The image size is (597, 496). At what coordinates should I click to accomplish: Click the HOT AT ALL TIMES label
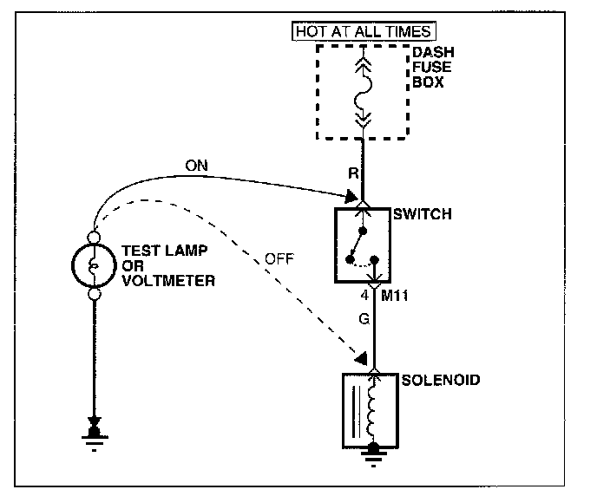[x=363, y=32]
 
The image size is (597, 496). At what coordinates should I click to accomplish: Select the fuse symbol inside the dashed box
[x=363, y=90]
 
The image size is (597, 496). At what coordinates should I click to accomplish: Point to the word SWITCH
[x=423, y=214]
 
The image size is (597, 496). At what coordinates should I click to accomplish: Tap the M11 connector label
[x=395, y=297]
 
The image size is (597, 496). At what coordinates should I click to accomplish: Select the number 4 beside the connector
[x=366, y=297]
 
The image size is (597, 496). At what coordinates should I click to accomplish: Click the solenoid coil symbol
[x=374, y=408]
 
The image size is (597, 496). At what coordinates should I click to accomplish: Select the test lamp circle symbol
[x=95, y=265]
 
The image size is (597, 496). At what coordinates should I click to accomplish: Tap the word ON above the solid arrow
[x=196, y=165]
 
